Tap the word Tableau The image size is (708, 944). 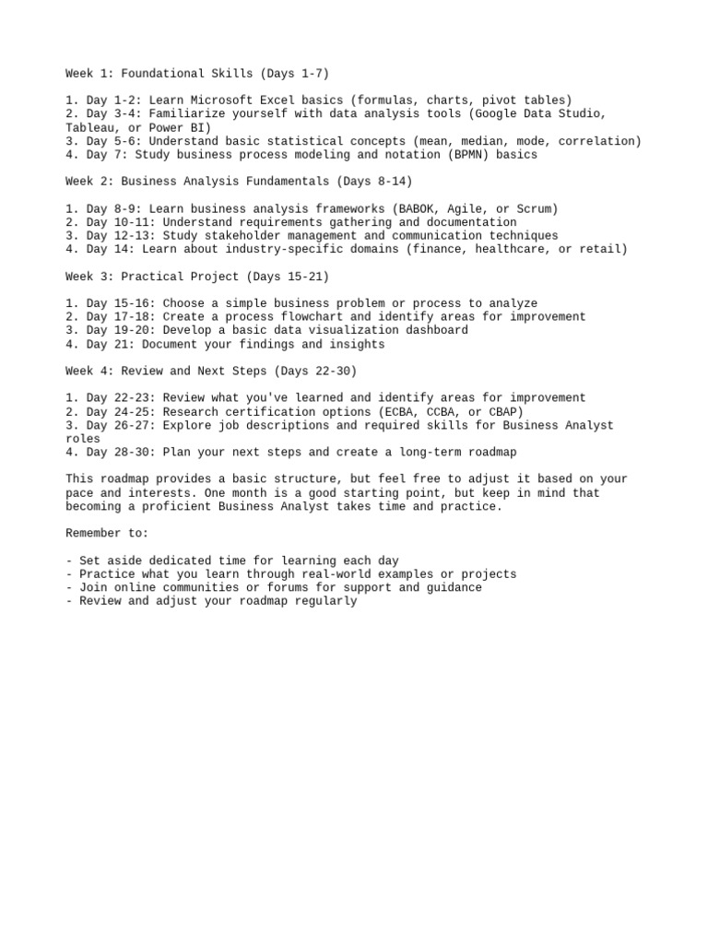(x=89, y=127)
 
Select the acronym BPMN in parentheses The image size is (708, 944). (x=471, y=155)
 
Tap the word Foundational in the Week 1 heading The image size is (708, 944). (x=162, y=73)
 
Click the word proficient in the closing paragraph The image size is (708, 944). (x=177, y=506)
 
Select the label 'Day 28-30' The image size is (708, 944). (x=118, y=452)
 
